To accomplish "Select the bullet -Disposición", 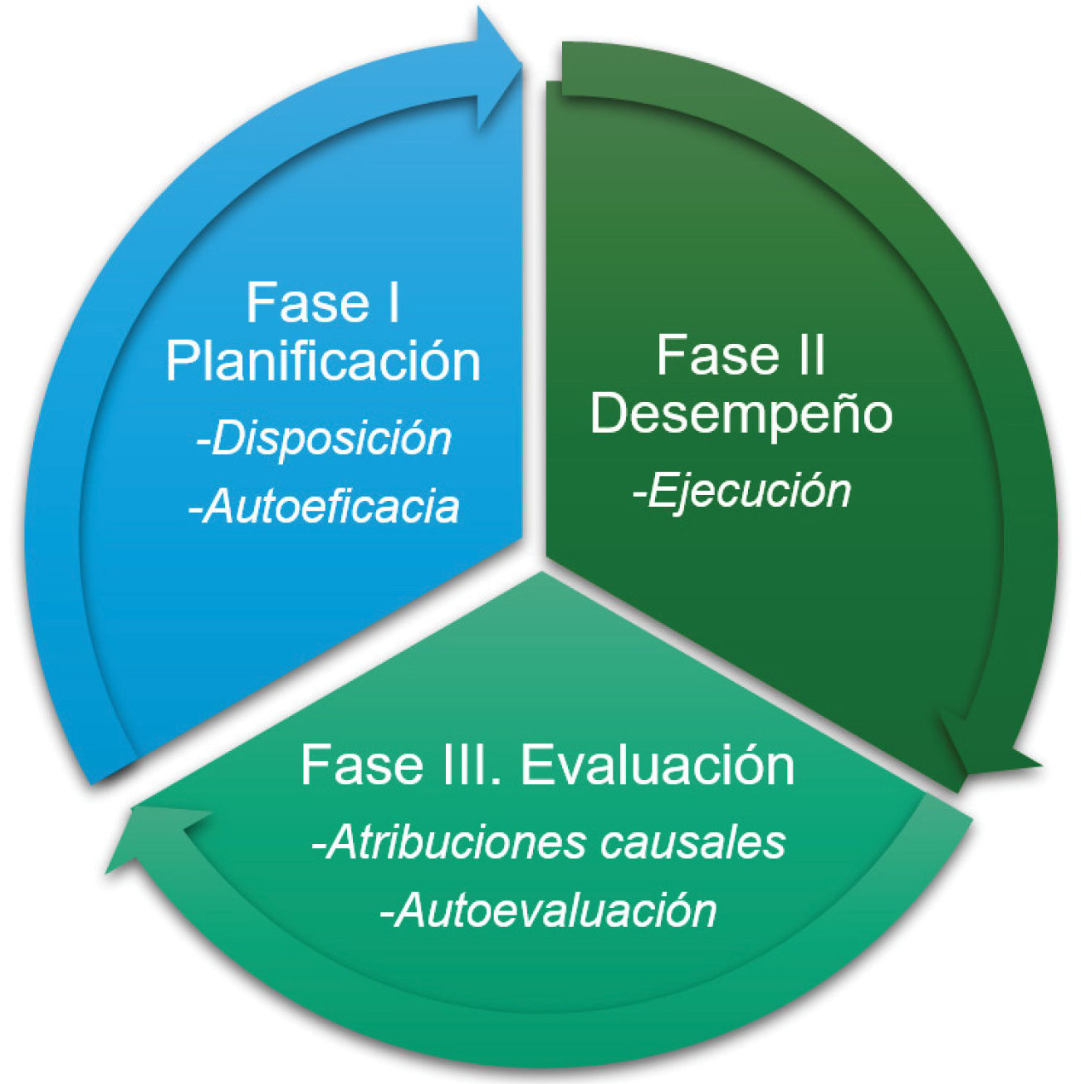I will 324,439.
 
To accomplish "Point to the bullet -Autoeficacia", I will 324,506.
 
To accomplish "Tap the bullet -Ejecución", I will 741,491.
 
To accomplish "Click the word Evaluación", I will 657,765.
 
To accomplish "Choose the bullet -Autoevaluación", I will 548,910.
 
